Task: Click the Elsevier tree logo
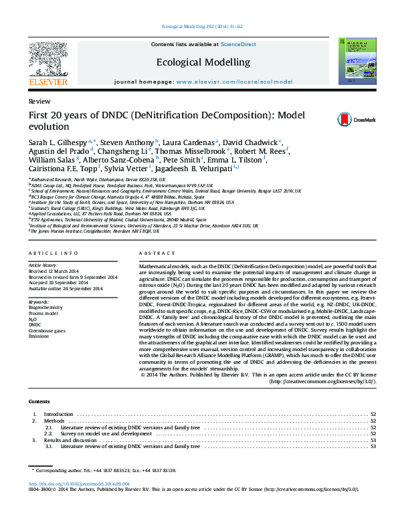(48, 60)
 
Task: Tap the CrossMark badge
(346, 119)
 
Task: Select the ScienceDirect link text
(238, 44)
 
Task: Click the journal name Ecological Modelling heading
(203, 62)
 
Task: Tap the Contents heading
(39, 401)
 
